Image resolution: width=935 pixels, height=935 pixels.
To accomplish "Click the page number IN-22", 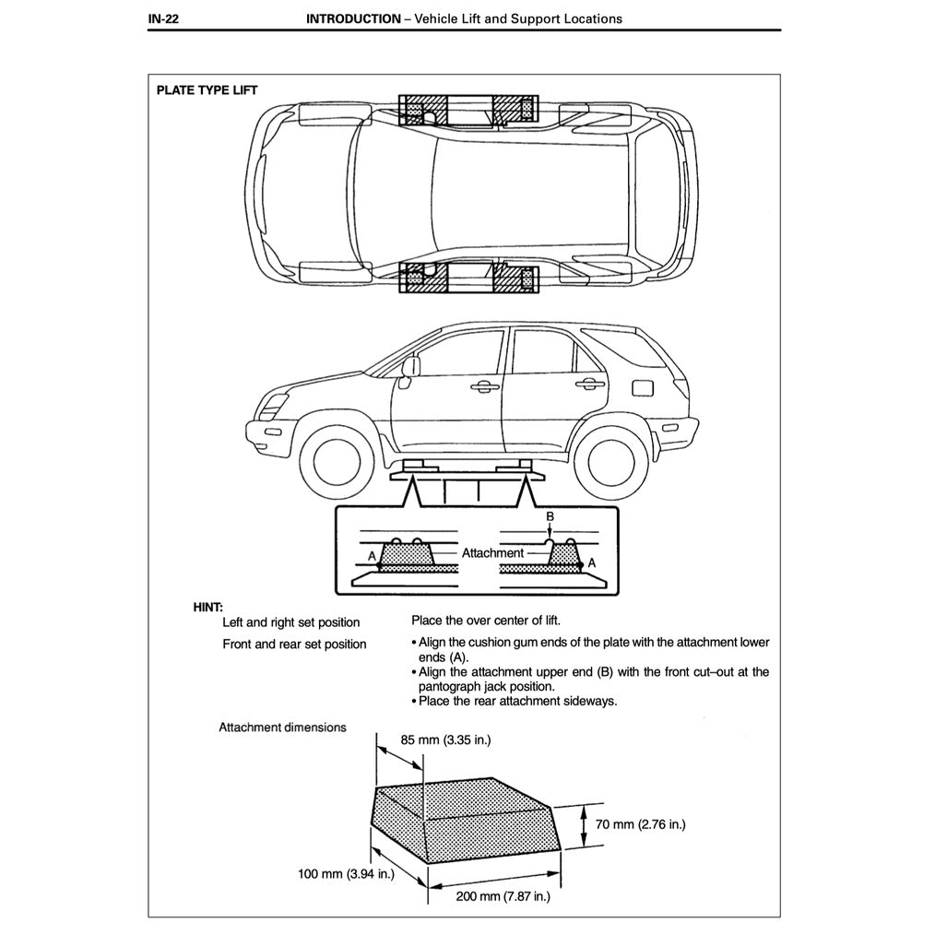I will (162, 18).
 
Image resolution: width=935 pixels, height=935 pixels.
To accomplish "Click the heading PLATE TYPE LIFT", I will (207, 90).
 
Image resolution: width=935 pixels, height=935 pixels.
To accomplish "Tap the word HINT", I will (207, 607).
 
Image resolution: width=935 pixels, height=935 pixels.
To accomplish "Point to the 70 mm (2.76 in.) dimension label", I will (641, 824).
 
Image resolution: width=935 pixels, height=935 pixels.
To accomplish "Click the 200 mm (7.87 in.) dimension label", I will (503, 896).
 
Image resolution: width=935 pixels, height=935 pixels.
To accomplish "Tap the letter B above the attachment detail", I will (550, 517).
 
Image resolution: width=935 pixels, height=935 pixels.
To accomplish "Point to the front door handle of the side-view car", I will (480, 387).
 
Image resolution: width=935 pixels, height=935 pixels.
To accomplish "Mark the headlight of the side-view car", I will (275, 404).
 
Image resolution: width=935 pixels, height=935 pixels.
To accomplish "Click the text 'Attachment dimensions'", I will (282, 728).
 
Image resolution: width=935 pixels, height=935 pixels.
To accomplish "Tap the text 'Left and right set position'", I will (291, 623).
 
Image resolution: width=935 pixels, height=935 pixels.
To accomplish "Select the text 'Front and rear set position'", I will (294, 645).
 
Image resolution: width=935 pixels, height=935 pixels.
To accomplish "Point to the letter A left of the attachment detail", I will (372, 556).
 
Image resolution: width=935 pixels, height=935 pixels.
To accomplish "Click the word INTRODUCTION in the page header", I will (353, 18).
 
